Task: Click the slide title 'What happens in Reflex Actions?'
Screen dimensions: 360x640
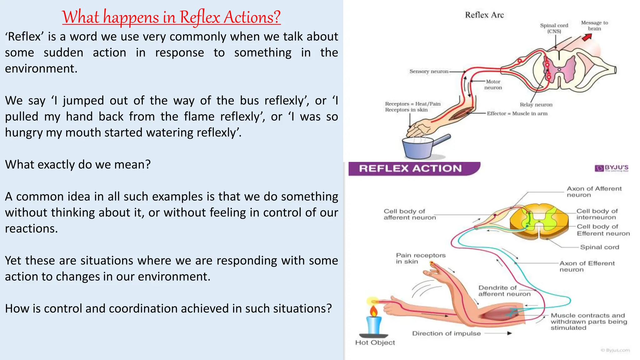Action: (x=171, y=17)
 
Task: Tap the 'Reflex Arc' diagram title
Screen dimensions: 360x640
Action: (x=484, y=15)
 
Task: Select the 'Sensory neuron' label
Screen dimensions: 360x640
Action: (x=429, y=72)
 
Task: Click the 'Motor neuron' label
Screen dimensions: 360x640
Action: (x=493, y=85)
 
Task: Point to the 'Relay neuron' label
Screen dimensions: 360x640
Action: (x=536, y=105)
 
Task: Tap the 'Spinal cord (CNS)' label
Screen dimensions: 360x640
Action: (x=554, y=28)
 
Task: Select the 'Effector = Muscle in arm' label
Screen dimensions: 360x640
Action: (x=517, y=113)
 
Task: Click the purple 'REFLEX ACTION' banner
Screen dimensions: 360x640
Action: (x=411, y=169)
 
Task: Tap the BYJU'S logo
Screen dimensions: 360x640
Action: (x=612, y=168)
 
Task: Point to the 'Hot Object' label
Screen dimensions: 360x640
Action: (x=375, y=342)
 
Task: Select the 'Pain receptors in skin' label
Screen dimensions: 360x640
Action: (x=420, y=258)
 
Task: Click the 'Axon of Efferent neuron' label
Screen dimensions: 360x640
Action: (x=587, y=266)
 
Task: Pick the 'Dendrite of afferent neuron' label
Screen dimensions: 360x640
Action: (x=504, y=291)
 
